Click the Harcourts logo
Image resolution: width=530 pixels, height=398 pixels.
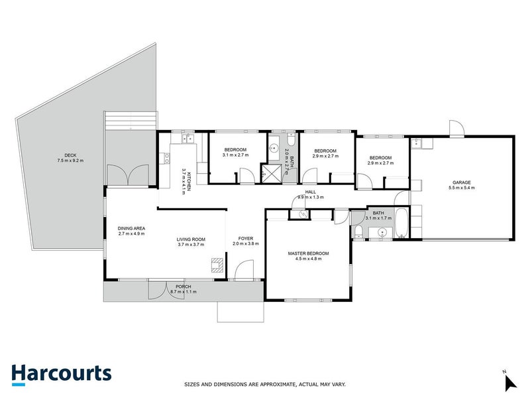click(x=61, y=373)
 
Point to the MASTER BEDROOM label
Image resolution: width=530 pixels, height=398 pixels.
click(x=308, y=253)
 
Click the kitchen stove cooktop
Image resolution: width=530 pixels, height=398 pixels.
click(x=166, y=158)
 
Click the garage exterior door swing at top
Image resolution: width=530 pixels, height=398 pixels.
click(x=456, y=129)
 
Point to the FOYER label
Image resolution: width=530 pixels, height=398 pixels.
click(x=245, y=237)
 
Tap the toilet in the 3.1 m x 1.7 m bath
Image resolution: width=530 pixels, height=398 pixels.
click(x=358, y=230)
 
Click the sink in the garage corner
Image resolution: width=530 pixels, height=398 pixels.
click(x=419, y=142)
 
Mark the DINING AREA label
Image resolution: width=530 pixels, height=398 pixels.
click(x=131, y=228)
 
